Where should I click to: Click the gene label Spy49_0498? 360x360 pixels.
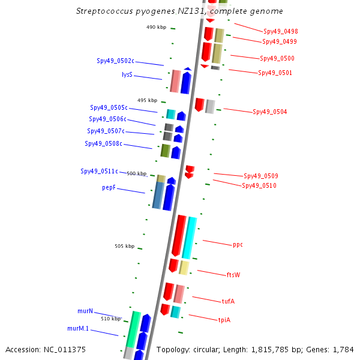coord(281,31)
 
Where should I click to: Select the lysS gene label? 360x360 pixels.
coord(127,74)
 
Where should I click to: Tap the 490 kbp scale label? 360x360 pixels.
coord(156,27)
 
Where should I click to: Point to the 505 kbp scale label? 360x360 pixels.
coord(124,246)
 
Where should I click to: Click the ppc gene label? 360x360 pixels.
coord(238,245)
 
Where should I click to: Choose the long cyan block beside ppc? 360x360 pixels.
coord(190,238)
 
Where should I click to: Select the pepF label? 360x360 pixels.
coord(109,188)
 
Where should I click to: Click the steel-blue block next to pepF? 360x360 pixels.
coord(158,195)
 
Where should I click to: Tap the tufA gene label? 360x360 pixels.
coord(228,301)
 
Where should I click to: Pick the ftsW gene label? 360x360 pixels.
coord(233,275)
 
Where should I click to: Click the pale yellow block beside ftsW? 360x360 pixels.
coord(184,268)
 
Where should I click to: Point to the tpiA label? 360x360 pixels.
coord(224,320)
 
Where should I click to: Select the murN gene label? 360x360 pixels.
coord(85,311)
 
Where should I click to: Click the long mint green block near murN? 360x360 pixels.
coord(133,329)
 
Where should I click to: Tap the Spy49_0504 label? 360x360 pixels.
coord(270,112)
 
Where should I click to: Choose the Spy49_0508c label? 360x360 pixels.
coord(103,143)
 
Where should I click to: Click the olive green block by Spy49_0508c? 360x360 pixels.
coord(166,151)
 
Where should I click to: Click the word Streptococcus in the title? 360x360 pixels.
coord(104,11)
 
